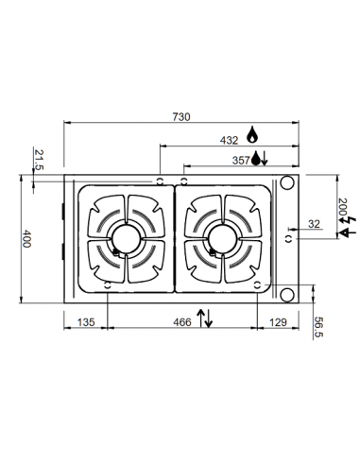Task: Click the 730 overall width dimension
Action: [x=181, y=117]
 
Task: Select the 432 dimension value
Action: [x=229, y=140]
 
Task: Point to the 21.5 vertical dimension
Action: [x=39, y=159]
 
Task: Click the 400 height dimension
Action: [x=27, y=239]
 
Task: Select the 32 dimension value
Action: [x=313, y=225]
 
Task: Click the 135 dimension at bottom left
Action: [x=85, y=322]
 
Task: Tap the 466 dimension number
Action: [x=181, y=322]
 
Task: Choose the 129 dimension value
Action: [x=278, y=322]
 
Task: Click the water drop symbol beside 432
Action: [x=252, y=138]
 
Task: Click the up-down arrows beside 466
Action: [x=204, y=318]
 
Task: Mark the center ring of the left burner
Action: [x=125, y=239]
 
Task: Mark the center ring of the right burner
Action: [x=224, y=239]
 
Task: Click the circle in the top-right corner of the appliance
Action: [x=288, y=182]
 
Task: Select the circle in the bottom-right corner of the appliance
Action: [x=288, y=295]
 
